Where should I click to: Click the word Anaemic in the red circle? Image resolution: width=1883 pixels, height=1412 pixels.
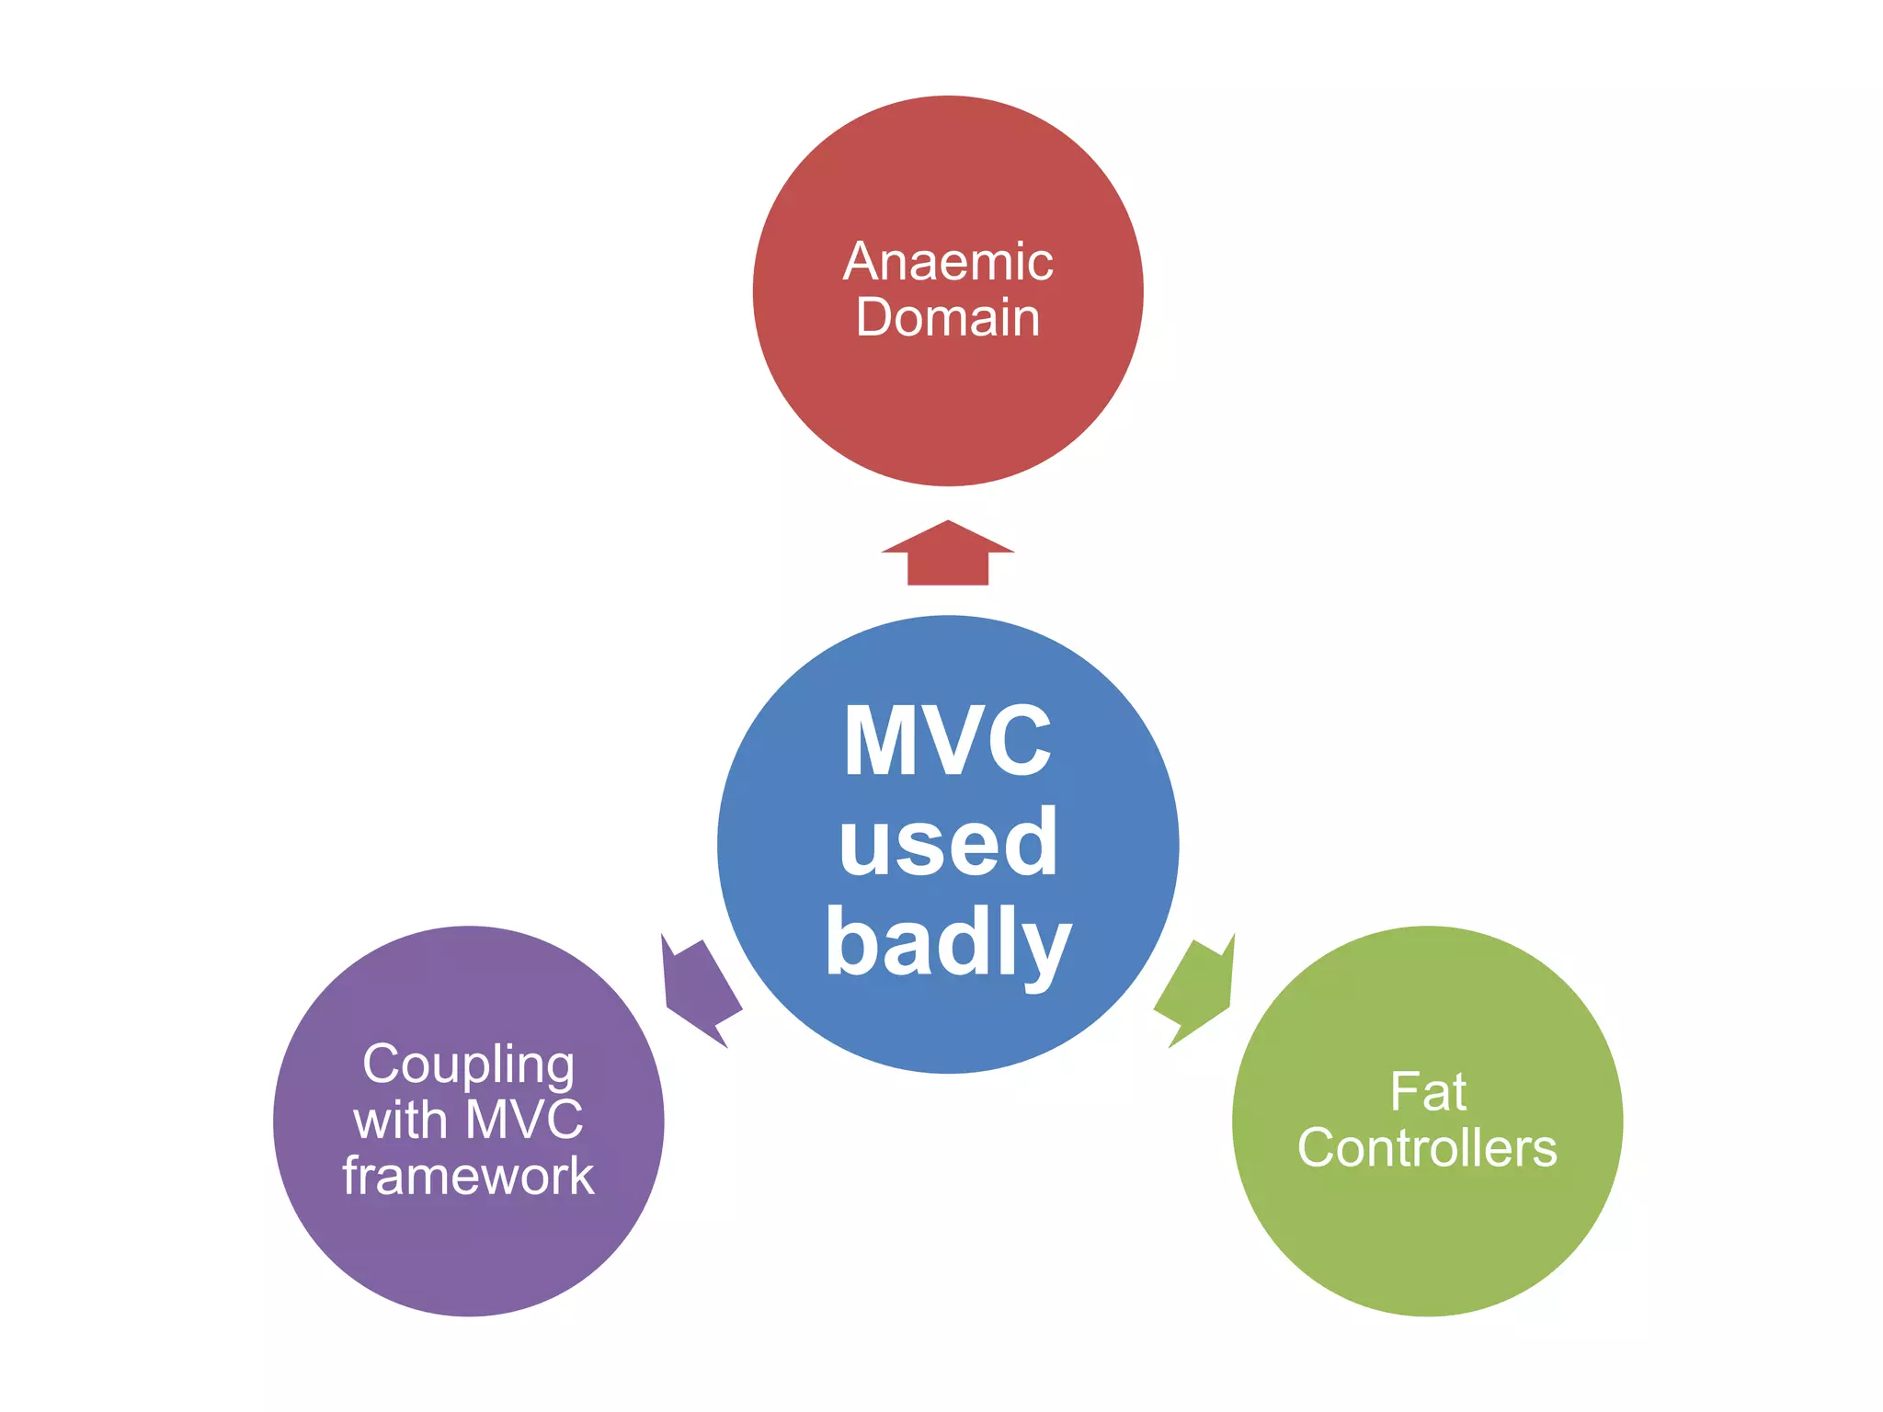pyautogui.click(x=948, y=262)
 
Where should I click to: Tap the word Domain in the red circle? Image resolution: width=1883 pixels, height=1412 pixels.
pyautogui.click(x=948, y=318)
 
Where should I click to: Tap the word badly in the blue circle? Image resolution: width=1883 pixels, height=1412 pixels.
pyautogui.click(x=948, y=942)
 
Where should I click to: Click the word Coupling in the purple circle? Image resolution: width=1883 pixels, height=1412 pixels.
pyautogui.click(x=469, y=1065)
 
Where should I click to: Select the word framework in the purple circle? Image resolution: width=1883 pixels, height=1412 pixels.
pyautogui.click(x=469, y=1176)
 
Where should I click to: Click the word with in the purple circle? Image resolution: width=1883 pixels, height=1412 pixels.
pyautogui.click(x=400, y=1120)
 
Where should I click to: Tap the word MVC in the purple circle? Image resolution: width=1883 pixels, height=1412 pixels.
pyautogui.click(x=524, y=1120)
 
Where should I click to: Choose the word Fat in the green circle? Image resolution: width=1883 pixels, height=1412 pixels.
pyautogui.click(x=1428, y=1092)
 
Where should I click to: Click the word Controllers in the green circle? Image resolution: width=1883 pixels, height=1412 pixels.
pyautogui.click(x=1428, y=1148)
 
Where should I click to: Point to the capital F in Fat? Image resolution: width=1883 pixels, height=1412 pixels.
pyautogui.click(x=1402, y=1092)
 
